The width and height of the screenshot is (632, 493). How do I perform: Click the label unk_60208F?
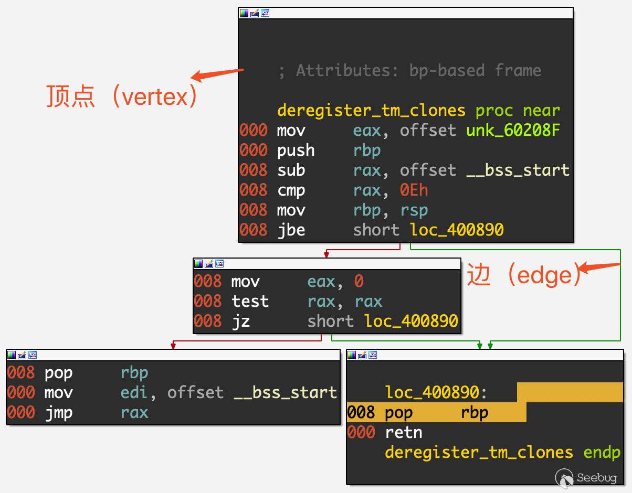coord(513,130)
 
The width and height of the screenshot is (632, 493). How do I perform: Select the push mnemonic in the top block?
coord(296,151)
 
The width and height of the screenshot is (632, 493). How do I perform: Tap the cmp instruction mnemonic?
coord(291,191)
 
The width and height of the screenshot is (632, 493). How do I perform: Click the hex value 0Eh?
coord(414,190)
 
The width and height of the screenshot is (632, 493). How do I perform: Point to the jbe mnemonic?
coord(291,230)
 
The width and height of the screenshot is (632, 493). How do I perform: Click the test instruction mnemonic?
coord(250,301)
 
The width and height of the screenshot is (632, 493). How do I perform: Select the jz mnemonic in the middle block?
coord(241,321)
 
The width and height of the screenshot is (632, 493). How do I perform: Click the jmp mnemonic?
coord(59,413)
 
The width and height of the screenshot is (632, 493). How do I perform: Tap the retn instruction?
coord(403,433)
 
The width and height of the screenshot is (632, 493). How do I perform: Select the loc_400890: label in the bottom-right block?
coord(436,392)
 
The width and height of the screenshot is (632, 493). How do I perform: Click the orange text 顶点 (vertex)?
coord(122,96)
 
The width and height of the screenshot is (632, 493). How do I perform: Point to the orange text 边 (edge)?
coord(524,275)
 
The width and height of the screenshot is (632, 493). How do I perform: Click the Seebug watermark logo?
coord(586,478)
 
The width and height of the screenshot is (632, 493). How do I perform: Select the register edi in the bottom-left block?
coord(134,392)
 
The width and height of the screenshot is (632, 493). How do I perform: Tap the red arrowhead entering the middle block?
coord(326,255)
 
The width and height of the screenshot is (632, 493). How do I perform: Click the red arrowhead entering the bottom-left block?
coord(173,346)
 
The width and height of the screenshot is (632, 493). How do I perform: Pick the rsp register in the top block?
coord(414,211)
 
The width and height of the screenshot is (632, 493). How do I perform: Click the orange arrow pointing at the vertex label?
coord(217,75)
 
